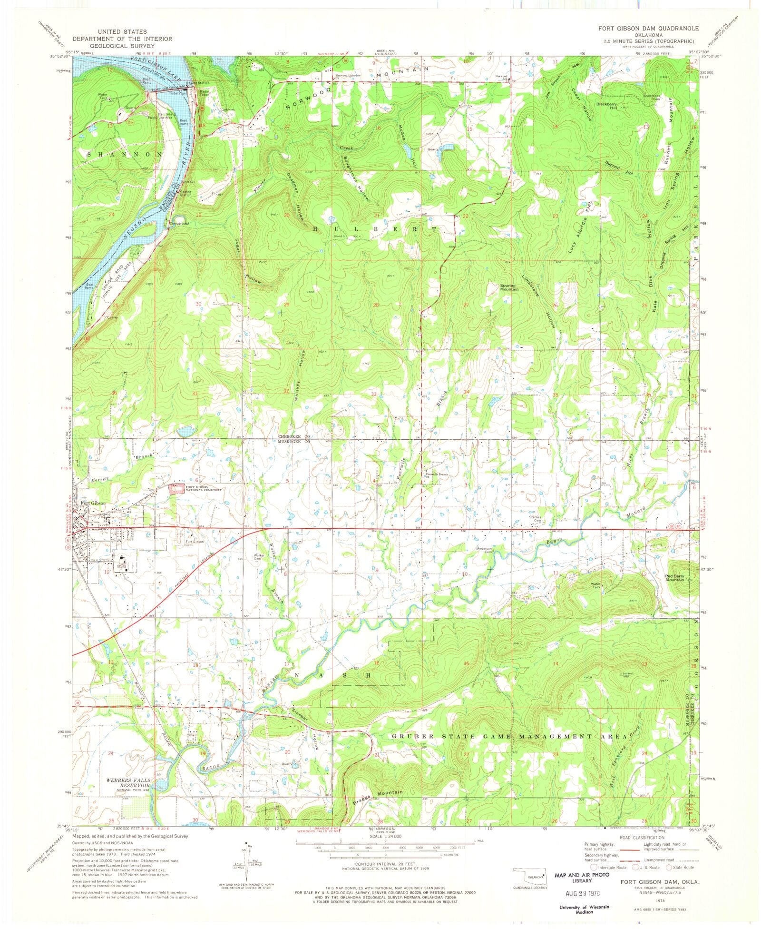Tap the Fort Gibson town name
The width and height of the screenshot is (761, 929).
coord(93,504)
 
